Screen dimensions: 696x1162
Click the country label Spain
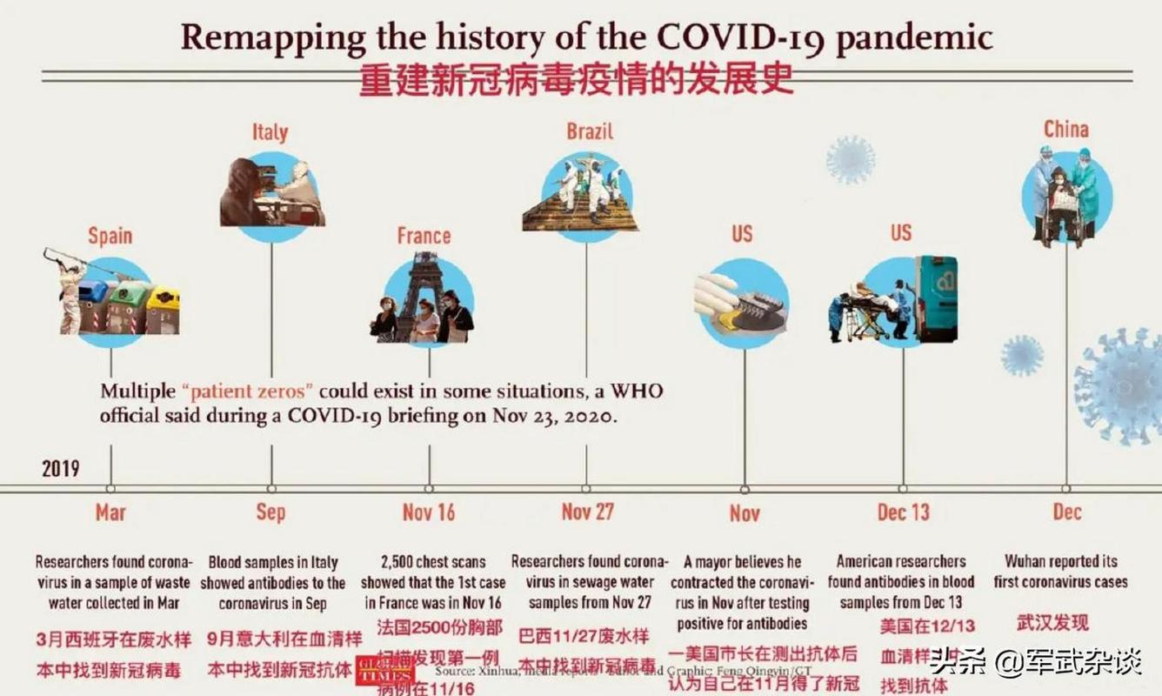110,235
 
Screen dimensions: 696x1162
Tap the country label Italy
270,132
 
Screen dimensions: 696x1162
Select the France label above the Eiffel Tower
424,235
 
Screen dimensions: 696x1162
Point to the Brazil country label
590,131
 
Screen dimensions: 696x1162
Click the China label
1066,130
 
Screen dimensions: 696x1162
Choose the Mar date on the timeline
110,512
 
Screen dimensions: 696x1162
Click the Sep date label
270,512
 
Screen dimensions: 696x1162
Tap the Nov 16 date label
429,512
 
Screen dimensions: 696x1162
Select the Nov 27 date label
587,512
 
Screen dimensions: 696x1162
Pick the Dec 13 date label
903,512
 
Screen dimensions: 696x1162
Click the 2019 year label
60,469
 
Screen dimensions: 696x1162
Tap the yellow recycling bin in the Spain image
163,309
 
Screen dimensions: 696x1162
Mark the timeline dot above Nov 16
429,489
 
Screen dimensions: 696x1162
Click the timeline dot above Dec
1066,489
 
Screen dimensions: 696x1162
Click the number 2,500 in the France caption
402,561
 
